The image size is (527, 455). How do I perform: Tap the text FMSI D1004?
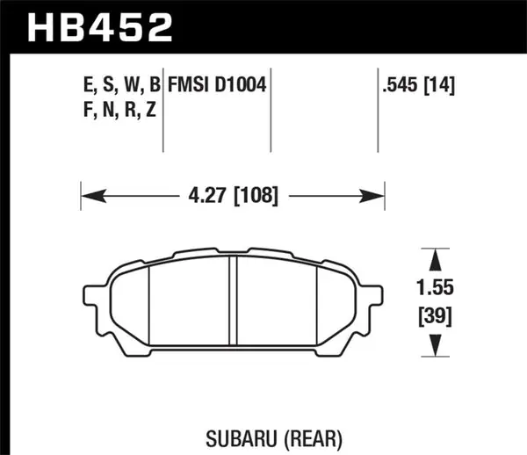tap(218, 86)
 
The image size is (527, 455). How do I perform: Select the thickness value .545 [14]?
tap(417, 86)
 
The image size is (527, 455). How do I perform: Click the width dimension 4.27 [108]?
tap(235, 197)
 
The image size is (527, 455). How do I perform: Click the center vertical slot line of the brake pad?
tap(232, 304)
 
